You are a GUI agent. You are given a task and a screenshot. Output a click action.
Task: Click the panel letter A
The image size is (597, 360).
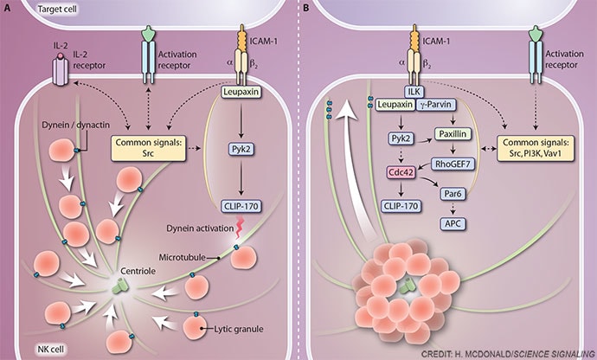7,7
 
